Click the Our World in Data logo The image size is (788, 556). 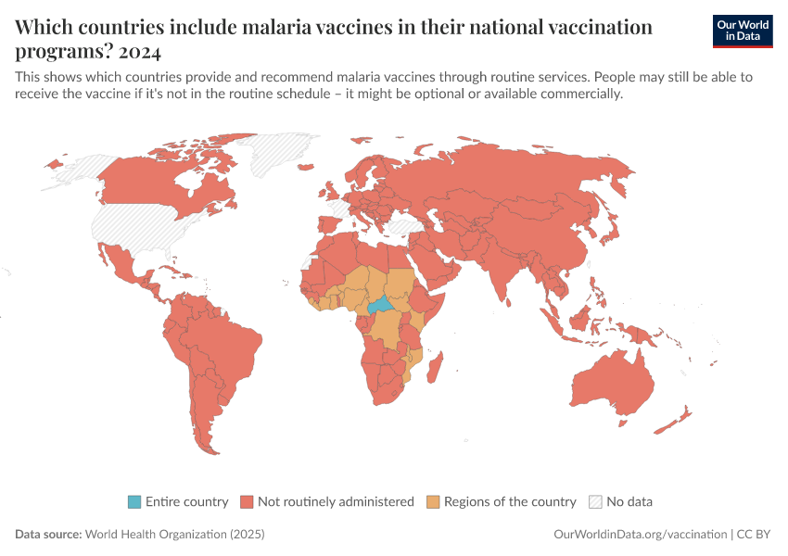pyautogui.click(x=743, y=31)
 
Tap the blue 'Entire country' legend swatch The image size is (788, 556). pyautogui.click(x=134, y=502)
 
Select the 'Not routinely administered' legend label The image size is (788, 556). pyautogui.click(x=336, y=502)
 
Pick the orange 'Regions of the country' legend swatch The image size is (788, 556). pyautogui.click(x=433, y=502)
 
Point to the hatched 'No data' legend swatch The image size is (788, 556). pyautogui.click(x=595, y=502)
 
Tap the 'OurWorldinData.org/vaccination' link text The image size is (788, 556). pyautogui.click(x=639, y=535)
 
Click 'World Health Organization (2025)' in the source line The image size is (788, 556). pyautogui.click(x=174, y=535)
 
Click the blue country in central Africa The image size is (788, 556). pyautogui.click(x=380, y=305)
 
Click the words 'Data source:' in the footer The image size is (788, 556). pyautogui.click(x=48, y=535)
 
